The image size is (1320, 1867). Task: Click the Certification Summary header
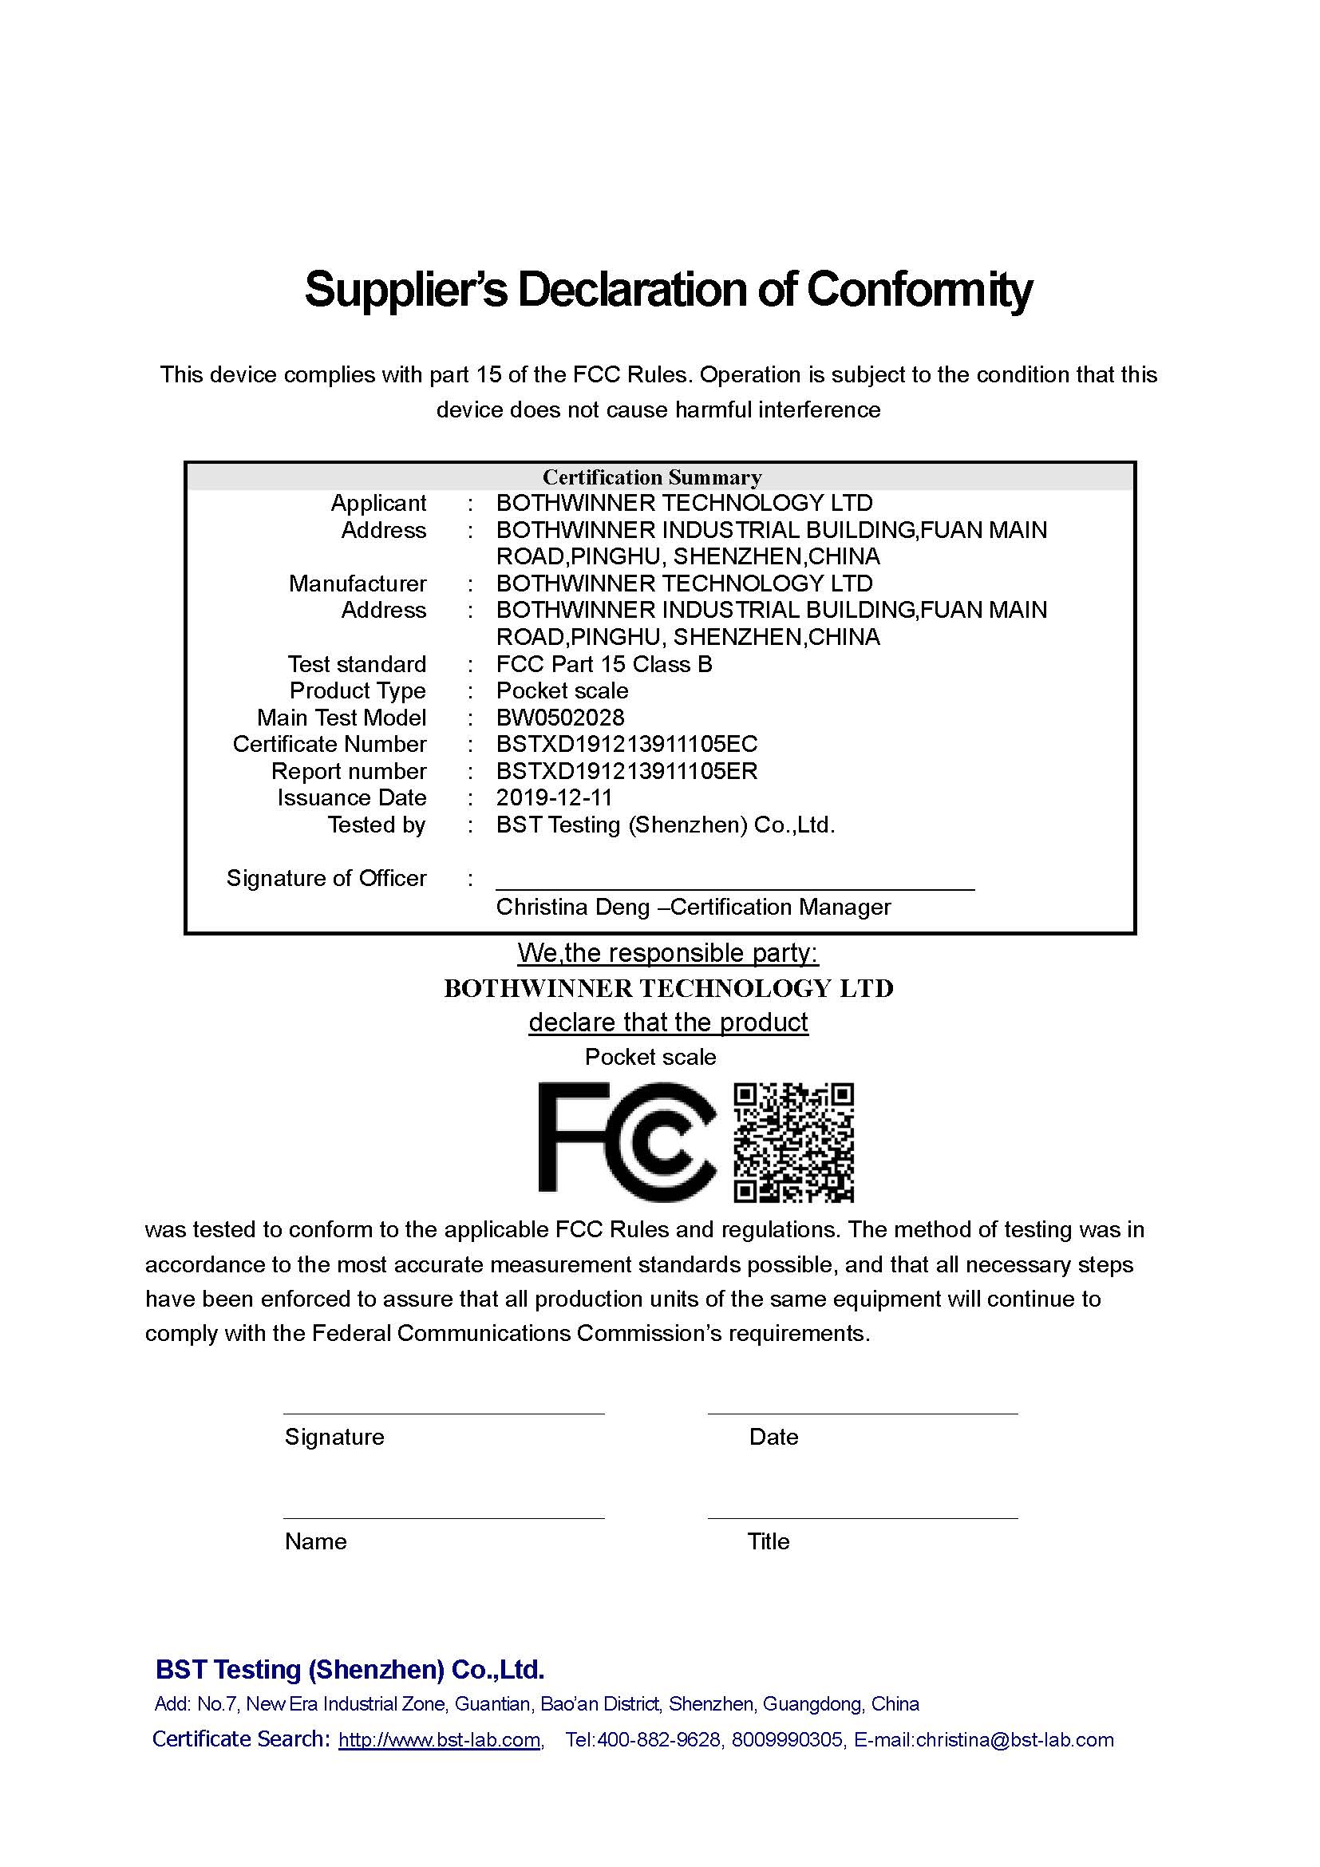click(652, 477)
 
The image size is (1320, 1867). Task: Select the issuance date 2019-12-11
click(555, 797)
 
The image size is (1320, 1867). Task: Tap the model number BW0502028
click(560, 718)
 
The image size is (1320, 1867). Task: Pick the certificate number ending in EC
click(626, 744)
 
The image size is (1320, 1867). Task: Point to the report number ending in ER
click(626, 771)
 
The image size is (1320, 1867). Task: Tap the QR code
click(793, 1142)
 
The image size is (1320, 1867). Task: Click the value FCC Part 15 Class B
click(604, 664)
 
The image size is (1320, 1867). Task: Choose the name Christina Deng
click(572, 907)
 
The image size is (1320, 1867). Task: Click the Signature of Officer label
click(326, 878)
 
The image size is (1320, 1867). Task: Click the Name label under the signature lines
click(315, 1542)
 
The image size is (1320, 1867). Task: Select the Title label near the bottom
click(768, 1542)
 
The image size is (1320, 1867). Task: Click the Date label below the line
click(773, 1437)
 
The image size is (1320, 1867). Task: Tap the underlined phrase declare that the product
click(668, 1022)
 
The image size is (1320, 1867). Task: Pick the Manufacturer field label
click(357, 583)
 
